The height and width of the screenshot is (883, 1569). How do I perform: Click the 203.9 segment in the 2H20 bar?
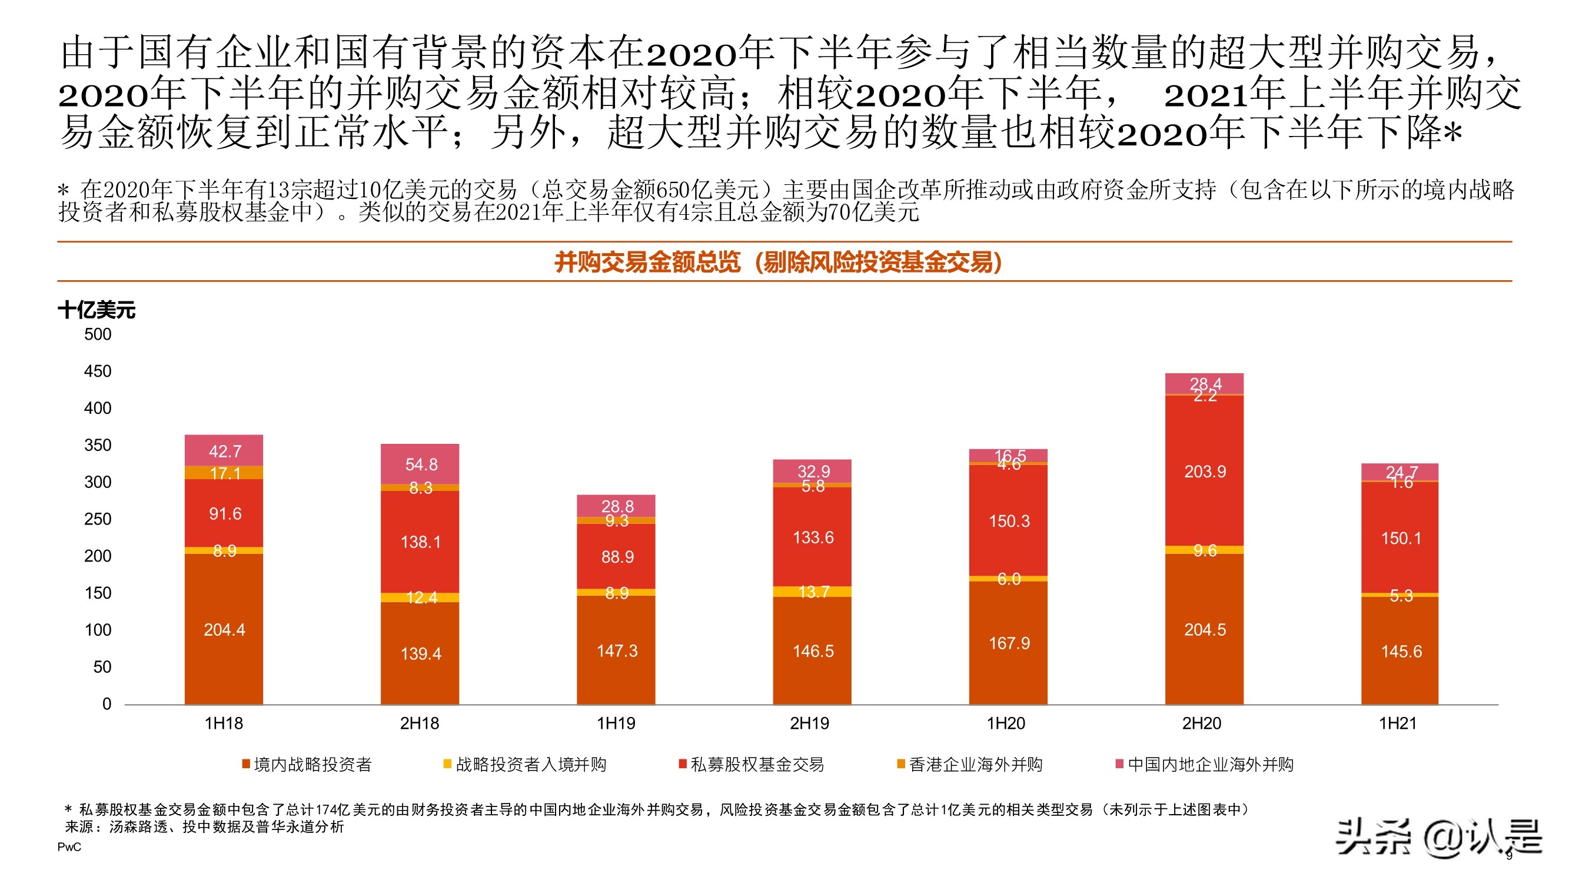click(1204, 471)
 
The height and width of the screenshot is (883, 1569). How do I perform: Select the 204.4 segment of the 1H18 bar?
click(224, 629)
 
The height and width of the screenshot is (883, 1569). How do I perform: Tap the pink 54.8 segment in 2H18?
click(420, 464)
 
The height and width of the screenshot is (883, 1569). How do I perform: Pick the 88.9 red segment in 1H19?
click(616, 556)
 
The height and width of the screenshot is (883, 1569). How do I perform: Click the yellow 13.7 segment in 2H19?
click(813, 591)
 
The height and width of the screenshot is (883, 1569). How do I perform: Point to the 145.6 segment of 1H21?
click(1400, 651)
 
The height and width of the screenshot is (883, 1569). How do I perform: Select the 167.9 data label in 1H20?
click(1009, 643)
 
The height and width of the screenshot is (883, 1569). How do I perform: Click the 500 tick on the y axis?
click(98, 334)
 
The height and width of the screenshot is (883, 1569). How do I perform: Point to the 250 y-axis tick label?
click(98, 519)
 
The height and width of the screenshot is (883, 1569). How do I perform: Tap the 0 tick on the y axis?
click(107, 704)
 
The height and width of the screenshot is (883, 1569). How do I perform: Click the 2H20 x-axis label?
click(1201, 723)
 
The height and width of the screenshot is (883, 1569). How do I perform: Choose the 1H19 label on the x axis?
click(616, 723)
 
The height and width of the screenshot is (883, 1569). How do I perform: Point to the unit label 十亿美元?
click(97, 310)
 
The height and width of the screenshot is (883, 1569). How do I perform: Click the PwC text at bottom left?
click(69, 847)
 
